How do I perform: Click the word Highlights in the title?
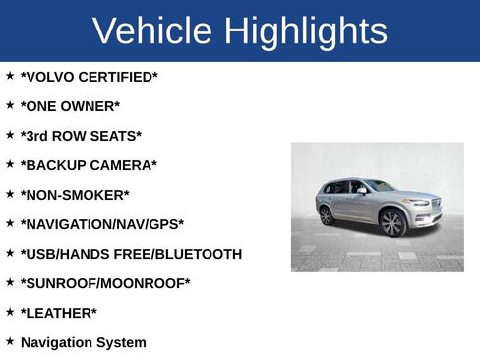(305, 31)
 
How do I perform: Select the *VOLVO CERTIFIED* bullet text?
(89, 77)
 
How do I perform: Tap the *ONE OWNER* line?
(70, 106)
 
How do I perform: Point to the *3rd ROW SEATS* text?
(81, 136)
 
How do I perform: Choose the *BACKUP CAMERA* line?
(89, 165)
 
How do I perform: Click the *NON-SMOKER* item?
(75, 195)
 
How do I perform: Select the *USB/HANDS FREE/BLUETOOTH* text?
(131, 254)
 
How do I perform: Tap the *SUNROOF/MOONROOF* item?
(105, 283)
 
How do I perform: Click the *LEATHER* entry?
(59, 313)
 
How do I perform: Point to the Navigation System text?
(83, 342)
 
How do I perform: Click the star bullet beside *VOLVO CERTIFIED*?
(10, 75)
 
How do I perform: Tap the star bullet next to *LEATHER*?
(10, 311)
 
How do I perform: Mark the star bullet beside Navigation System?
(10, 340)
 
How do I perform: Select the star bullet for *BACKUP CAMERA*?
(10, 163)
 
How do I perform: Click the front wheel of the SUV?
(392, 222)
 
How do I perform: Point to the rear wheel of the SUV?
(327, 215)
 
